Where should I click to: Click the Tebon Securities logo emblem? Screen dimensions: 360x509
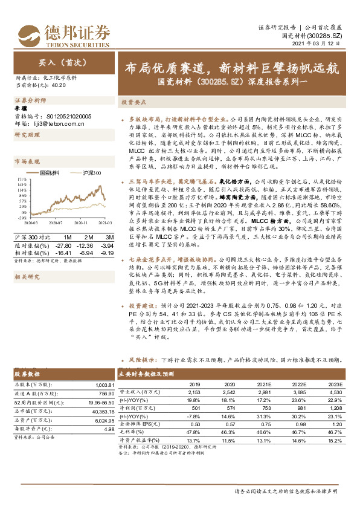[x=28, y=31]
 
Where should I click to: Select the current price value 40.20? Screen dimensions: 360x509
[x=59, y=86]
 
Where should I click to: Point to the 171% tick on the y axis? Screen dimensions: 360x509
[x=20, y=179]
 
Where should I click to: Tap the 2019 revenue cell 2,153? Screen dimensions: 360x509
[x=194, y=391]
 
